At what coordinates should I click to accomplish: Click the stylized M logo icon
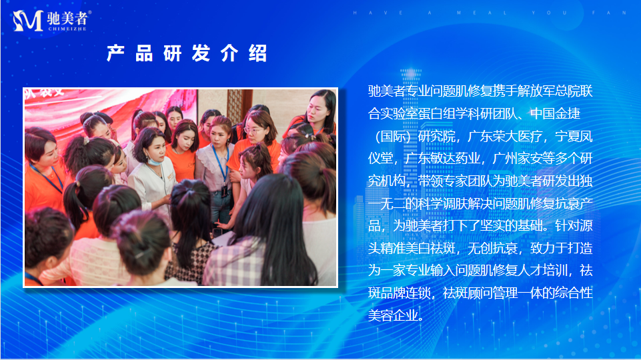[x=28, y=21]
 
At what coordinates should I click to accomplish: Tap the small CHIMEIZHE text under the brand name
[x=67, y=29]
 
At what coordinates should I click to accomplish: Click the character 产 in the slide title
[x=115, y=53]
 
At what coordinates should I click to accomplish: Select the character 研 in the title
[x=173, y=53]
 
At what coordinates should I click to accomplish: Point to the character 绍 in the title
[x=257, y=53]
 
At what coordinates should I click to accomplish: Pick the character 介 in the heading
[x=229, y=53]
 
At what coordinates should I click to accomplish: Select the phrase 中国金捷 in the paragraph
[x=555, y=113]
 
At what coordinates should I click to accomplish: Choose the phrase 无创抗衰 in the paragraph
[x=492, y=248]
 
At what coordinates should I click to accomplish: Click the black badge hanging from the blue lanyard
[x=224, y=191]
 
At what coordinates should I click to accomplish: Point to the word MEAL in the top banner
[x=482, y=13]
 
